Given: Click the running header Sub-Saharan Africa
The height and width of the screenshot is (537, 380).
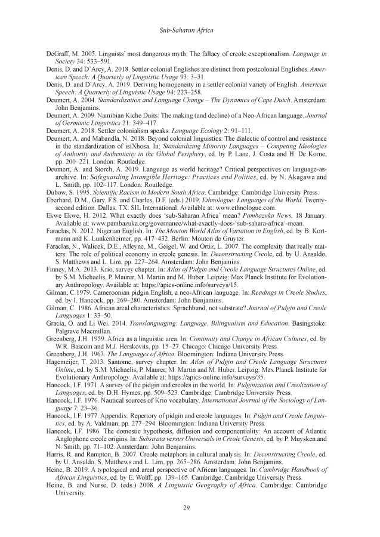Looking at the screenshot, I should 190,29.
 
